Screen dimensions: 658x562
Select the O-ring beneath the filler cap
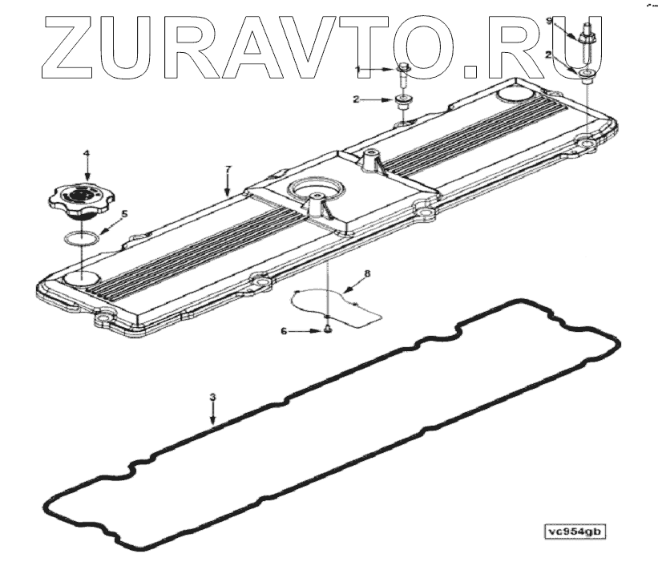coord(81,238)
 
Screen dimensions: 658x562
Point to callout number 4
coord(87,152)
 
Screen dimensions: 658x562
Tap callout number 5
coord(123,214)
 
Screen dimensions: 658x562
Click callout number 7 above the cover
coord(228,169)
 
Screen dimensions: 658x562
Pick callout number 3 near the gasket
coord(212,397)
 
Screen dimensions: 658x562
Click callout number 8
coord(367,273)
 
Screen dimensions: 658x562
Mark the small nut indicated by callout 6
coord(328,330)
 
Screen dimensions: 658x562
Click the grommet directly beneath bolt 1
coord(402,101)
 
